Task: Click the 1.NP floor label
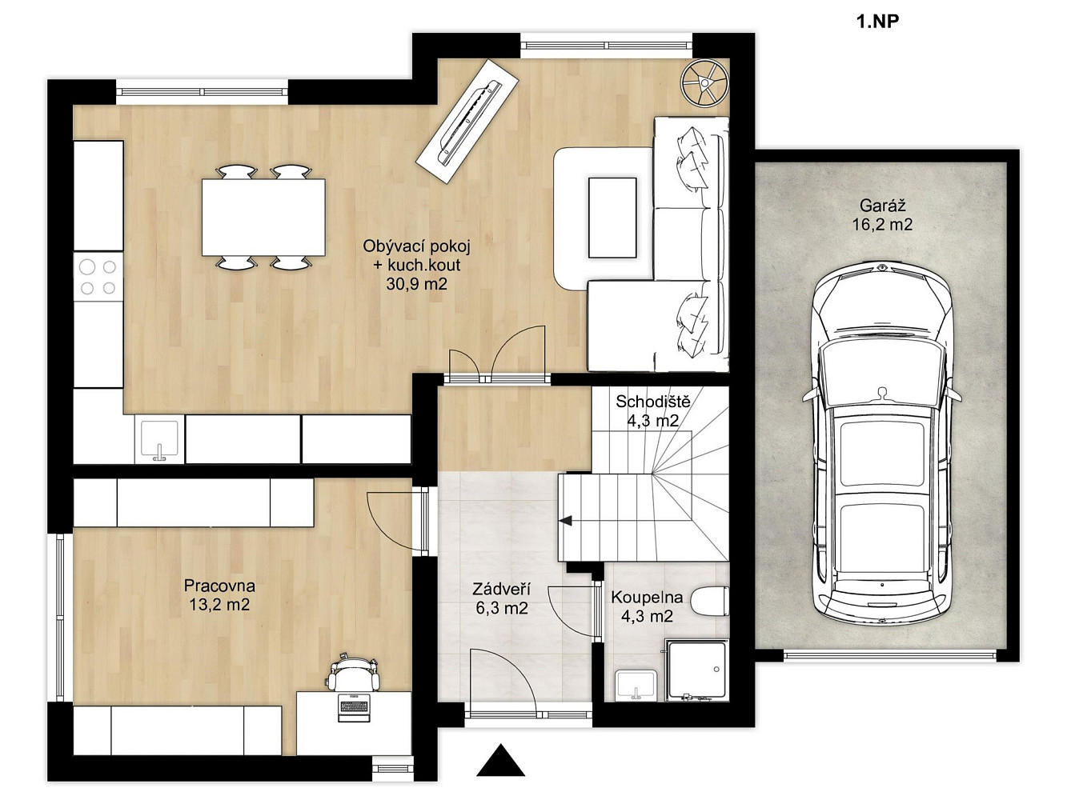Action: click(x=878, y=22)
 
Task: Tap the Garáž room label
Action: click(x=882, y=206)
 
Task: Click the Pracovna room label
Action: click(x=219, y=586)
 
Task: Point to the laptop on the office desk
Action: click(x=354, y=708)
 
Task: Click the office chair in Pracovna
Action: click(x=353, y=672)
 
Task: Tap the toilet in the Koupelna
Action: click(x=710, y=602)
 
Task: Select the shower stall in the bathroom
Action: click(x=697, y=670)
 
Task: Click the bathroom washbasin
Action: click(x=636, y=686)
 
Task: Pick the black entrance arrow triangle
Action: click(x=500, y=760)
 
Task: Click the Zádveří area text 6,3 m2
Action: click(x=502, y=608)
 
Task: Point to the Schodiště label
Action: click(x=653, y=402)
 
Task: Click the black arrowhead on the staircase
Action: click(x=565, y=521)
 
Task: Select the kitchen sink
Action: click(x=159, y=439)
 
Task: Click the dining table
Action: click(x=263, y=217)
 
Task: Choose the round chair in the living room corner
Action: click(x=704, y=82)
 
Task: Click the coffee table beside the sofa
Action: click(x=612, y=218)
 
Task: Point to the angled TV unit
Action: click(x=467, y=122)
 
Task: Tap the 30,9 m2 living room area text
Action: click(x=416, y=284)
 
